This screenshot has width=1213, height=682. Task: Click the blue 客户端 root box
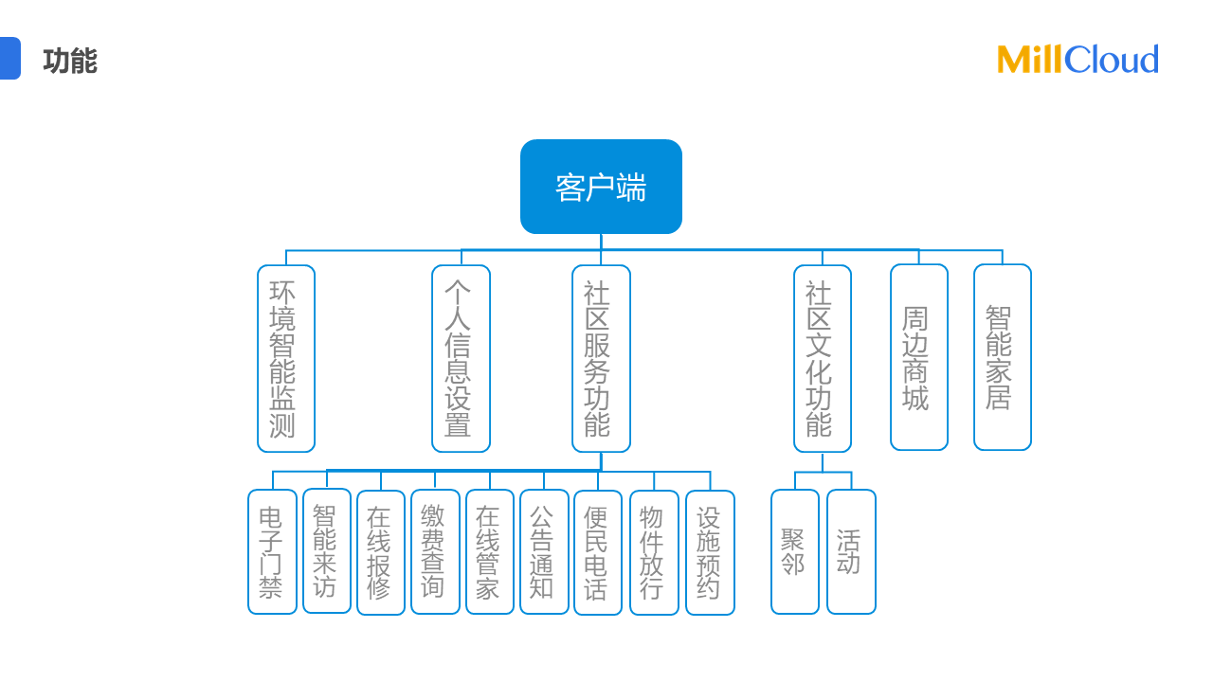point(601,187)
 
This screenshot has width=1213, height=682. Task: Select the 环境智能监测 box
point(286,358)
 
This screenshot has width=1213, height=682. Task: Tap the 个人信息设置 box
point(461,358)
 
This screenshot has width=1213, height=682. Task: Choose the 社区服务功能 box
point(601,358)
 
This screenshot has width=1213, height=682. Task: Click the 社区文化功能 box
point(822,358)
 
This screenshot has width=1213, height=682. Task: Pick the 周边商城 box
point(918,357)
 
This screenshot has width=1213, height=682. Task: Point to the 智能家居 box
point(1002,357)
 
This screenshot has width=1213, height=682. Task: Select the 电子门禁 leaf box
point(272,551)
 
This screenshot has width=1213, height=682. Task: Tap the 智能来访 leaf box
point(327,550)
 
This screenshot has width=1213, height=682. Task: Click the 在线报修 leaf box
point(381,552)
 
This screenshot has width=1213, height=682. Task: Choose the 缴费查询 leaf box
point(435,551)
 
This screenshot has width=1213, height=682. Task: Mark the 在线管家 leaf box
point(489,551)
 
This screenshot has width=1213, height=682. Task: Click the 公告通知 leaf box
point(544,551)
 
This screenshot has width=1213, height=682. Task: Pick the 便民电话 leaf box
point(598,552)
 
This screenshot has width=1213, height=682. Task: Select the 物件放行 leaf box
point(654,552)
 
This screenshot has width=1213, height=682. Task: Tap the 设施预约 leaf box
point(710,552)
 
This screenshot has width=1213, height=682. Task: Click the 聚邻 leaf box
point(794,551)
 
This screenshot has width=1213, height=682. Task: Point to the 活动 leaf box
point(851,551)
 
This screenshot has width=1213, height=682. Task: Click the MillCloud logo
point(1077,60)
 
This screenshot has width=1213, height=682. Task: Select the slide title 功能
point(70,61)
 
